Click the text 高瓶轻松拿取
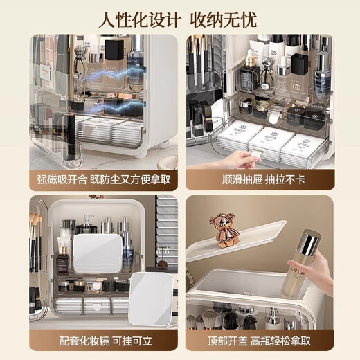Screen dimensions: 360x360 [x=284, y=343]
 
